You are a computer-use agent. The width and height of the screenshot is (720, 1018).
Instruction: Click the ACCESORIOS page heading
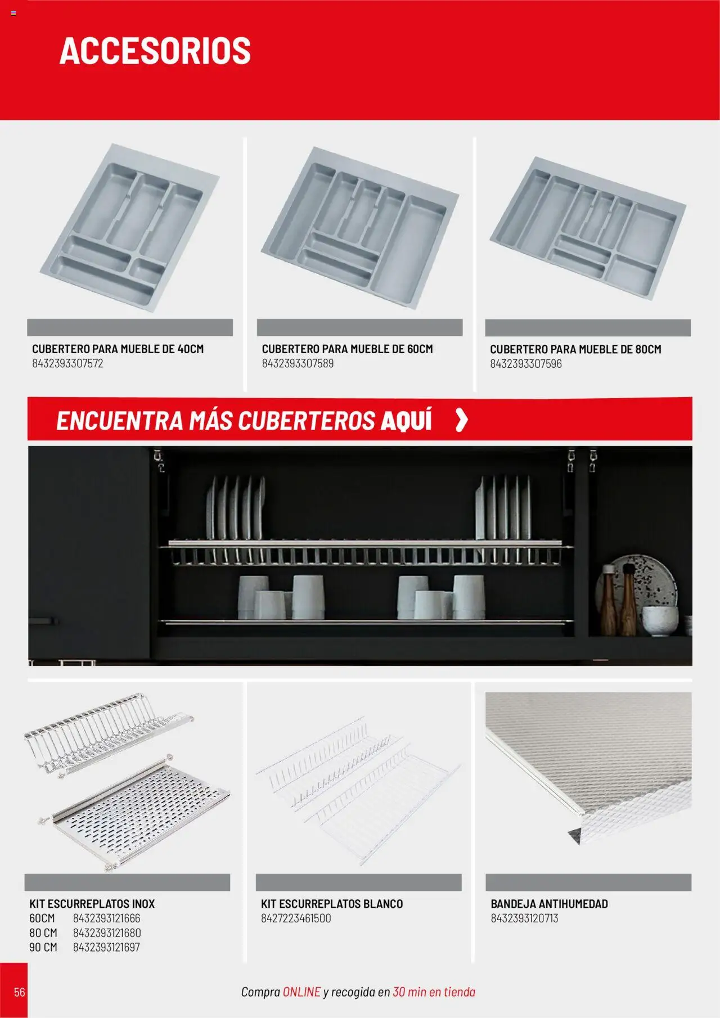[x=155, y=51]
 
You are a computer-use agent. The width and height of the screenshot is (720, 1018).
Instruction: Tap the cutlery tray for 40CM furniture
[x=130, y=228]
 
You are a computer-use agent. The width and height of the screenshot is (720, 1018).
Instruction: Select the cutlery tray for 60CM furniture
[x=360, y=227]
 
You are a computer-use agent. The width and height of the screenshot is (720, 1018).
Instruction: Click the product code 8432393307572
[x=67, y=363]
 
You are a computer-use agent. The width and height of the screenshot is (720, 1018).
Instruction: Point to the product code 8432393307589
[x=298, y=363]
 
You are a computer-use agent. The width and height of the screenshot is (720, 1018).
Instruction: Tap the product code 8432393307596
[x=526, y=364]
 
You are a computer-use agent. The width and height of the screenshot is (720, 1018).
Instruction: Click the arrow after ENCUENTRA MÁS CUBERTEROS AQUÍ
[x=461, y=420]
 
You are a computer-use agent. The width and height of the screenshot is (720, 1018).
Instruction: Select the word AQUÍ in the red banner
[x=406, y=420]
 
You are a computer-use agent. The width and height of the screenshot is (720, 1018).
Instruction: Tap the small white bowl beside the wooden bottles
[x=660, y=621]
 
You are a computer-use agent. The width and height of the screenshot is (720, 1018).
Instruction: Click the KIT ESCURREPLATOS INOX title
[x=92, y=904]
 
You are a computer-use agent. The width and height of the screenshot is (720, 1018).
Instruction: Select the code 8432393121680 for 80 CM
[x=107, y=933]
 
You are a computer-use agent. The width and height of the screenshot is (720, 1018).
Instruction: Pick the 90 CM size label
[x=43, y=947]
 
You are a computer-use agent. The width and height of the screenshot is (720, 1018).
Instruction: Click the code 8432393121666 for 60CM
[x=107, y=918]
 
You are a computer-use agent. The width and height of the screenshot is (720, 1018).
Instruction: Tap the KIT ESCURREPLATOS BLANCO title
[x=332, y=904]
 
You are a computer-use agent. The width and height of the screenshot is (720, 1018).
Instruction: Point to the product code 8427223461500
[x=296, y=918]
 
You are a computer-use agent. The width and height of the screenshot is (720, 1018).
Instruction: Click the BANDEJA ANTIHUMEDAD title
[x=550, y=904]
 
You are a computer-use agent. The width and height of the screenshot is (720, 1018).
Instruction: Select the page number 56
[x=20, y=992]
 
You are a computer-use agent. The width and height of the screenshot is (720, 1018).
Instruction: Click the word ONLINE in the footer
[x=301, y=992]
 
